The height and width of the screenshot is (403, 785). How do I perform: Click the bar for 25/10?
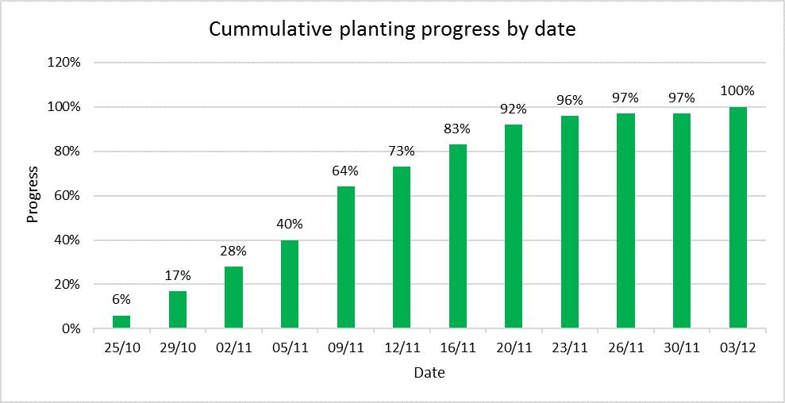(x=121, y=322)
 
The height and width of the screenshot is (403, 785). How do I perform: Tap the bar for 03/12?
(x=737, y=217)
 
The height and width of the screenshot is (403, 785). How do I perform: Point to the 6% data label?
(x=121, y=299)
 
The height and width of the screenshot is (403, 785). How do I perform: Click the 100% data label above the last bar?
(x=737, y=90)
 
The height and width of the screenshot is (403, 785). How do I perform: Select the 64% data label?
(x=345, y=171)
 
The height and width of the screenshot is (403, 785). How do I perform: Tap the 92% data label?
(x=514, y=109)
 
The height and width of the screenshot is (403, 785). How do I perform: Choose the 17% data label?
(x=178, y=275)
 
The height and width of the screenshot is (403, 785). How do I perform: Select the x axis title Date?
(x=429, y=371)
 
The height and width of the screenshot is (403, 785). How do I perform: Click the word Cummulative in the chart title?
(x=259, y=30)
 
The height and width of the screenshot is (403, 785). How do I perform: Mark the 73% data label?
(x=402, y=151)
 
